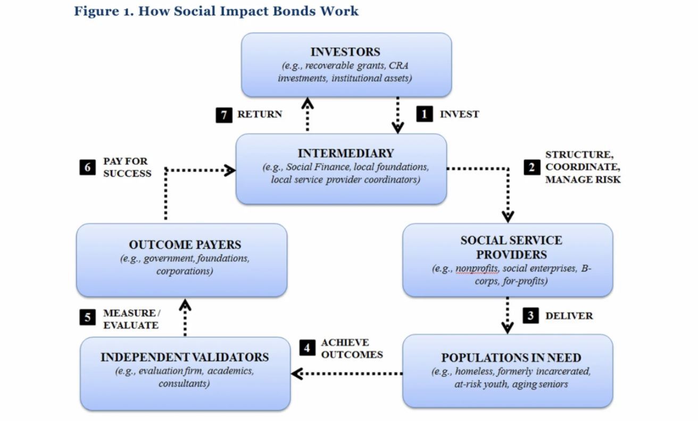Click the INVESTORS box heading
pyautogui.click(x=345, y=52)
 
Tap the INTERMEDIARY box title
pyautogui.click(x=345, y=154)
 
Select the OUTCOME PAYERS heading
pyautogui.click(x=185, y=245)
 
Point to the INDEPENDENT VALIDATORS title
pyautogui.click(x=185, y=357)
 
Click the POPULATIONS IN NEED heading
pyautogui.click(x=511, y=357)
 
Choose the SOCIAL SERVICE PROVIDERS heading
pyautogui.click(x=511, y=247)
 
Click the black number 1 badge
pyautogui.click(x=424, y=114)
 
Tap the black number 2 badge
pyautogui.click(x=530, y=167)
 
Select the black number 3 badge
pyautogui.click(x=530, y=316)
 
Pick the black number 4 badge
pyautogui.click(x=307, y=348)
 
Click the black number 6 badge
pyautogui.click(x=88, y=167)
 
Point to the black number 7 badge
pyautogui.click(x=224, y=115)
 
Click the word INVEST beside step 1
pyautogui.click(x=459, y=114)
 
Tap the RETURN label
pyautogui.click(x=259, y=114)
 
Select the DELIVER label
pyautogui.click(x=569, y=316)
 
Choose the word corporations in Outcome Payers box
pyautogui.click(x=185, y=271)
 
